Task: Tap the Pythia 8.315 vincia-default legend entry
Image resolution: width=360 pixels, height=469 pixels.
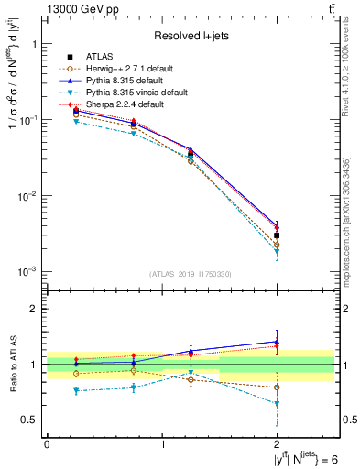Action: [x=129, y=93]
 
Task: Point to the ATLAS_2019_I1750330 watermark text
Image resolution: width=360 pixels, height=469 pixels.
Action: [x=191, y=274]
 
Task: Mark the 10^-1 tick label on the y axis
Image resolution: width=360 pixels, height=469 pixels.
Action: [x=26, y=120]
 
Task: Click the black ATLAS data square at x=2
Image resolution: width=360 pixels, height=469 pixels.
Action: [x=278, y=235]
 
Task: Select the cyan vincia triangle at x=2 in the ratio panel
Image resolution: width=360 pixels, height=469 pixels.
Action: [x=278, y=403]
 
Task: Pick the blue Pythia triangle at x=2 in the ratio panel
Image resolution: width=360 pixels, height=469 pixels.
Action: [x=278, y=342]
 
